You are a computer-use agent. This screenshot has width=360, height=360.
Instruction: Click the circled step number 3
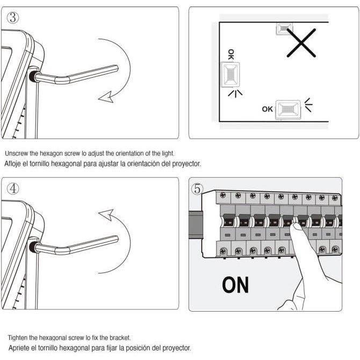coord(13,18)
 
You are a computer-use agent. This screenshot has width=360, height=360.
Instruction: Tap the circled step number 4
coord(13,189)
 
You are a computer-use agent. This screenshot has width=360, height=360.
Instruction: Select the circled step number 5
coord(197,189)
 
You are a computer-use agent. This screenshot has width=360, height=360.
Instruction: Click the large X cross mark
coord(301,43)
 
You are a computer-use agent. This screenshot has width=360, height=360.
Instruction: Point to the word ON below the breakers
coord(235,285)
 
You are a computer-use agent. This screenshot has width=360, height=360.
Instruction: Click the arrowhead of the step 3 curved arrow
coord(106,97)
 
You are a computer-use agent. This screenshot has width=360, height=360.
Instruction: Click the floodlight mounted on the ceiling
coord(284,28)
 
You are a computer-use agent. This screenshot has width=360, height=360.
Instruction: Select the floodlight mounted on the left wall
coord(230,75)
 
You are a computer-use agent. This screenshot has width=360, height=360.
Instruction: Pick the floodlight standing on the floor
coord(288,110)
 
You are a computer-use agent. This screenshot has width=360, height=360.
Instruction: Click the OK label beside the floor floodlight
coord(268,109)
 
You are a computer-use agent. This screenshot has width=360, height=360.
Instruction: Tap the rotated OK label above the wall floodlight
coord(231,54)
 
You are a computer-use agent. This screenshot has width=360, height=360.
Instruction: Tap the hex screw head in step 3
coord(33,76)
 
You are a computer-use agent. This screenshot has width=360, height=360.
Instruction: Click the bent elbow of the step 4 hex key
coord(62,249)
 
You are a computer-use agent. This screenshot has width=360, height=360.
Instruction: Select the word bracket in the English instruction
coord(120,338)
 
